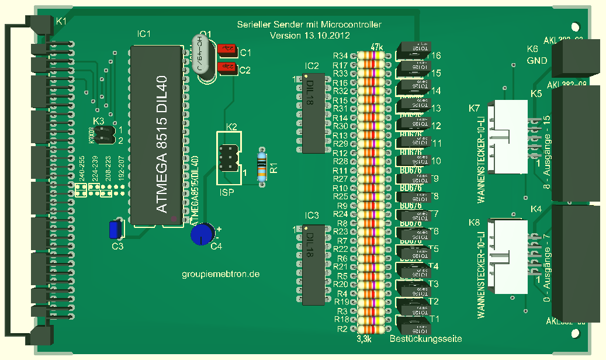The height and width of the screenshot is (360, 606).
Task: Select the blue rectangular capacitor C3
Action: (x=116, y=229)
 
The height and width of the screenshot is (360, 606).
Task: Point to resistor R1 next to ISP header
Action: (x=262, y=166)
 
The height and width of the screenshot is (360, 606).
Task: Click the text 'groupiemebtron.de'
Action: (x=220, y=274)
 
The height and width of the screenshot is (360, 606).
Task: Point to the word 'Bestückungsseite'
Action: (x=425, y=339)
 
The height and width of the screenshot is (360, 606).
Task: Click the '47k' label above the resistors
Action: (x=377, y=47)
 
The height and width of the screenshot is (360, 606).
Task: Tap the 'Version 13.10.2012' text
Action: (x=310, y=36)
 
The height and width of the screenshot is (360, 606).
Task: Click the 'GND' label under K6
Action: (x=537, y=61)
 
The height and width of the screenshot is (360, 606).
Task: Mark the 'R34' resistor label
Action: (x=340, y=56)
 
